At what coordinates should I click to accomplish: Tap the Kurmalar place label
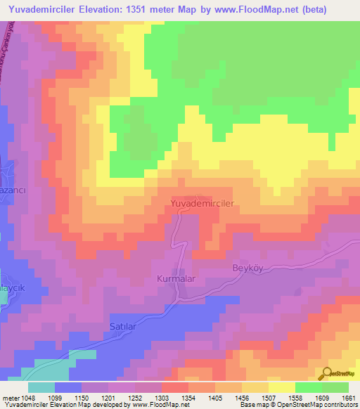[x=175, y=279]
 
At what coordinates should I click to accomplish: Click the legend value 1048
[x=27, y=397]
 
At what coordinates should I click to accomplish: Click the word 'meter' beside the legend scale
[x=10, y=397]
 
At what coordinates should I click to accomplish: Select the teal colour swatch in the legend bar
[x=41, y=387]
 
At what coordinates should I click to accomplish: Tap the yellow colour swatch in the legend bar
[x=281, y=387]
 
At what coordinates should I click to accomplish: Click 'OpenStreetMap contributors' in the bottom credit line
[x=322, y=405]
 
